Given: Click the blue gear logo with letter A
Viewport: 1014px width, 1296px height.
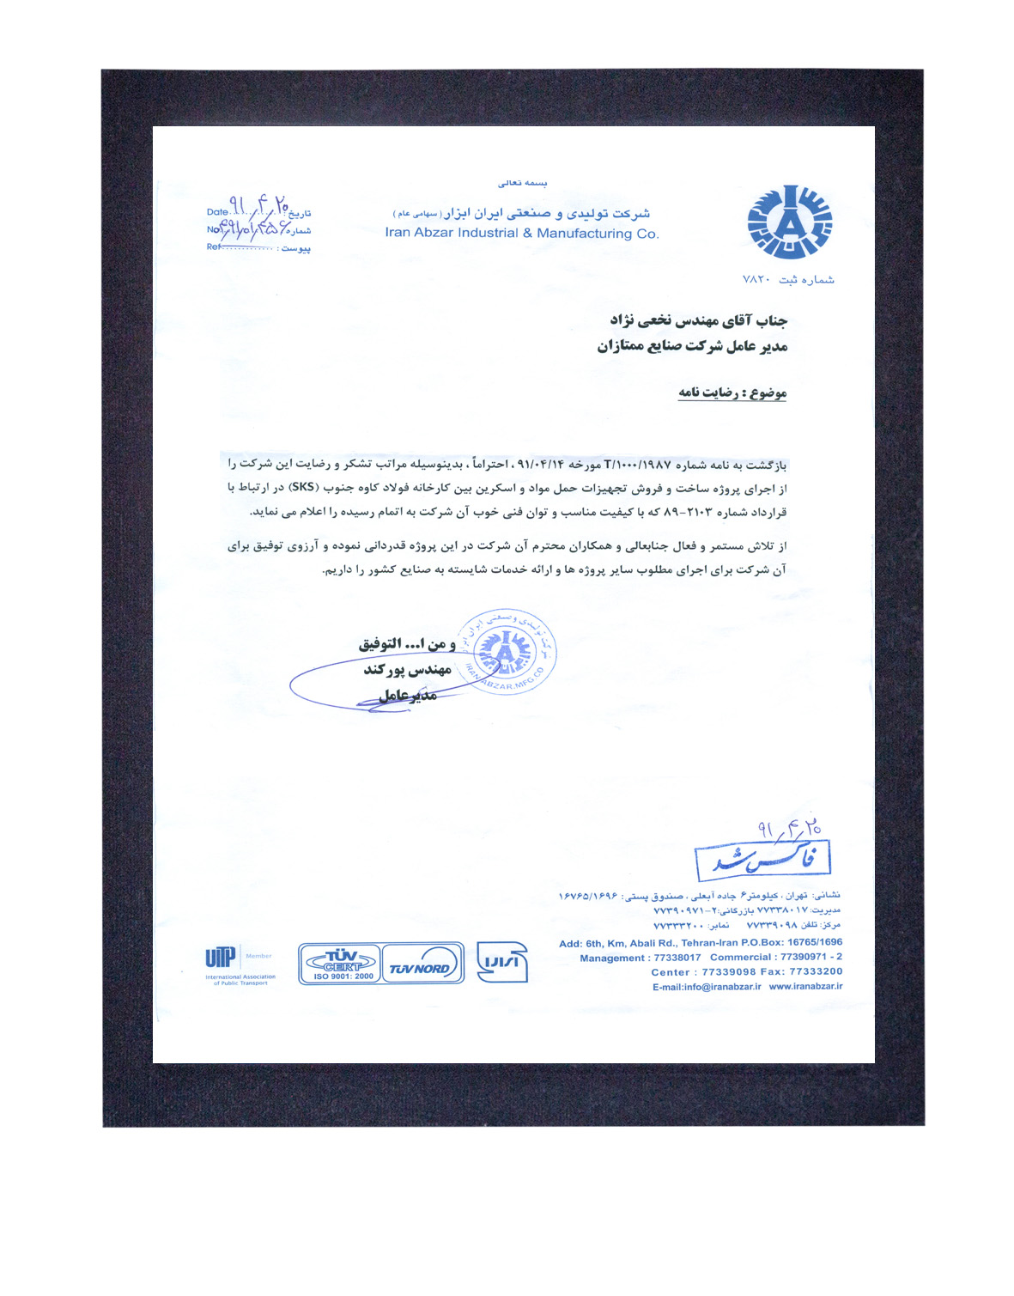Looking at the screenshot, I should (x=789, y=222).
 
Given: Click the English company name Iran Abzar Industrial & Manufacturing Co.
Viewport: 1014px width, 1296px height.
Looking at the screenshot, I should (x=522, y=233).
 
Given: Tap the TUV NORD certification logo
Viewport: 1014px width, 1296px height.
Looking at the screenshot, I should (x=420, y=964).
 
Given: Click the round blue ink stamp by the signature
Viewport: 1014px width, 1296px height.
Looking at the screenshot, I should (x=506, y=652).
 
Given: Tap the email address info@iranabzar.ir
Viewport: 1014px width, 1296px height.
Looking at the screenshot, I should (x=707, y=987).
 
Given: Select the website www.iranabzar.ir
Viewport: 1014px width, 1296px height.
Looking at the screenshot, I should (x=805, y=987).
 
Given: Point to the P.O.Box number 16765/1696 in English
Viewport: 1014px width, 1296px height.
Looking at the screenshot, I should (x=815, y=943).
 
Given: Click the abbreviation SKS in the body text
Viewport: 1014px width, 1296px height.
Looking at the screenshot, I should (x=302, y=488).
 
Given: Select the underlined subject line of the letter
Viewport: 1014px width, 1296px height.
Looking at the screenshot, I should (x=732, y=392).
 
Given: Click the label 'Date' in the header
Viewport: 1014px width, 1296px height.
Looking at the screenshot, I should (x=217, y=212).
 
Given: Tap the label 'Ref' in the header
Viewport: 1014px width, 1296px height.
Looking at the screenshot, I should (x=213, y=247).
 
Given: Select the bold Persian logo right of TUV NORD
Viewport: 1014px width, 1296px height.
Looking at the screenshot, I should (x=501, y=963).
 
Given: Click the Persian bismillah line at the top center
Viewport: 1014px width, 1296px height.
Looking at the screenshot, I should (x=522, y=183).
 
